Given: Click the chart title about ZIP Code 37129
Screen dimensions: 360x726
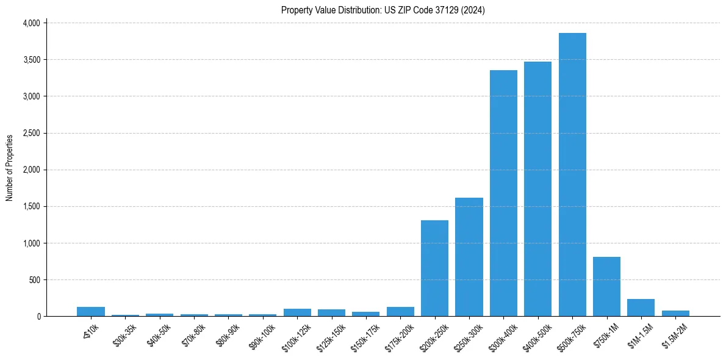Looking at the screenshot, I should pos(383,10).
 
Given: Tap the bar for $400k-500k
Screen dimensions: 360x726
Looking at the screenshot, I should pos(537,189).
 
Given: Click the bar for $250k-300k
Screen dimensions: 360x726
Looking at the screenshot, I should pos(469,257).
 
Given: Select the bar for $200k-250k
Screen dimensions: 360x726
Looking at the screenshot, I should pos(434,268).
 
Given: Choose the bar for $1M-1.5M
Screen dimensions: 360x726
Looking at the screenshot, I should pos(641,308).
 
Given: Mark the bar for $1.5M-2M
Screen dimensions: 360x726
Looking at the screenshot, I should pos(675,313).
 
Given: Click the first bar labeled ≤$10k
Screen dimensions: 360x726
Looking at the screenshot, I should pos(91,311).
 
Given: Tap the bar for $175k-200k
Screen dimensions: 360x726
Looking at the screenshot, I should pos(400,311).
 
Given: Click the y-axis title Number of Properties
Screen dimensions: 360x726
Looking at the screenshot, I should pos(10,168).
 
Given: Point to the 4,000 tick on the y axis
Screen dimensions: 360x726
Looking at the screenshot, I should pos(31,23).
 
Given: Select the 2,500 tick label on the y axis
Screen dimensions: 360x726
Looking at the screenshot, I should pos(31,133).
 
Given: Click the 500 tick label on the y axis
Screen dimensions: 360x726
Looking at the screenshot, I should pos(34,280).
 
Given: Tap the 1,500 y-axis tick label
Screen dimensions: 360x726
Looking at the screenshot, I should pos(31,207).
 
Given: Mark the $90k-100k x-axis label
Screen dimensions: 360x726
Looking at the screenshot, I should pos(261,334).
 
